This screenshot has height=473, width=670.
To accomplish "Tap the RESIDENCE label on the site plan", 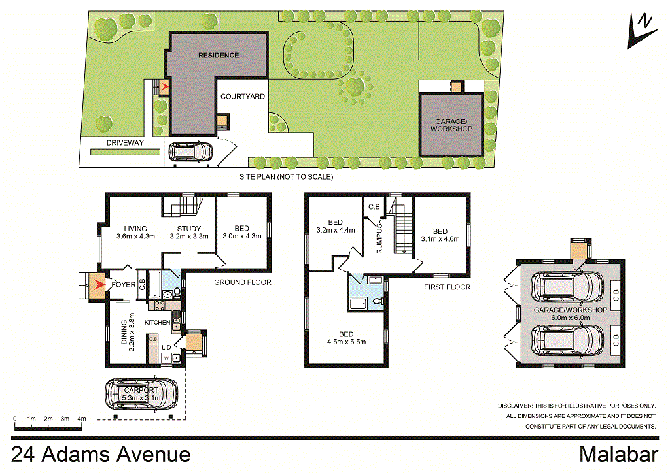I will [x=219, y=56].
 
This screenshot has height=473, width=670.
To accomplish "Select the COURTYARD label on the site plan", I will [x=242, y=97].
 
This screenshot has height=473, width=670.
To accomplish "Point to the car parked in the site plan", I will [x=189, y=152].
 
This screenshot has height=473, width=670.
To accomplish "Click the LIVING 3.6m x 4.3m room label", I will [x=135, y=232].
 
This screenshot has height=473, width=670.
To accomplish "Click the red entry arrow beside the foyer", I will [x=97, y=285].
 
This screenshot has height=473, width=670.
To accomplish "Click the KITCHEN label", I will [x=157, y=323].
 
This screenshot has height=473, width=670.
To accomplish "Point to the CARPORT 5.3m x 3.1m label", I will [x=141, y=394].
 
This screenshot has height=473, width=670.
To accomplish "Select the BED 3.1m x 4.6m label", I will [x=440, y=235].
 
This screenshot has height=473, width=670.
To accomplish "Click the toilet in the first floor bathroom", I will [x=379, y=302].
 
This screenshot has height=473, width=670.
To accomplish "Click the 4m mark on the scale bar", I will [x=82, y=418].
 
